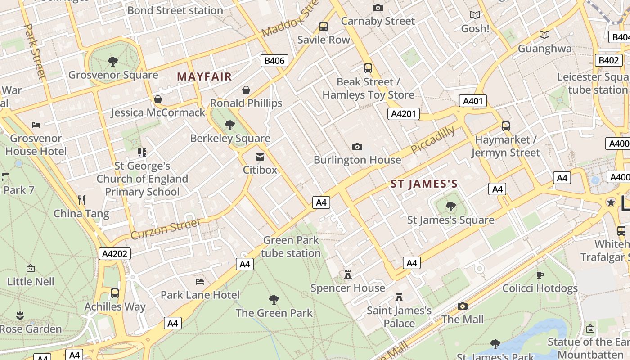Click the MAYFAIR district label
pos(204,76)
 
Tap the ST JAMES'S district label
pos(424,184)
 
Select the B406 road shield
pos(274,61)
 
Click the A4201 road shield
pos(403,114)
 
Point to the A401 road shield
pos(473,101)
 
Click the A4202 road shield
pos(115,254)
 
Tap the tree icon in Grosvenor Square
pos(113,61)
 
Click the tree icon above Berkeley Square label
pos(230,125)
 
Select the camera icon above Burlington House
pos(357,147)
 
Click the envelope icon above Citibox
pos(260,157)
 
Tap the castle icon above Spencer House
pos(347,274)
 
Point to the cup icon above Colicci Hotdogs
pos(540,275)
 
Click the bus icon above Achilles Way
pos(115,293)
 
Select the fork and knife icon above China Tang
pos(81,200)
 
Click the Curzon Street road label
pos(166,229)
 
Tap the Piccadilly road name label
pos(432,140)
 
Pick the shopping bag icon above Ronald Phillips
pos(246,90)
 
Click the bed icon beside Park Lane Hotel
pos(200,282)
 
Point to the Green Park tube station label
pos(291,247)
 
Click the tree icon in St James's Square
pos(450,207)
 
